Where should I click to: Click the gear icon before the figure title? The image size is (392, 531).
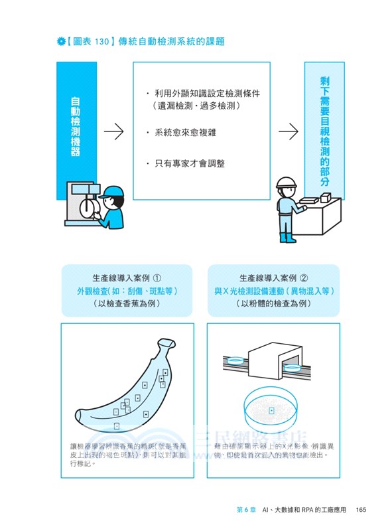[61, 42]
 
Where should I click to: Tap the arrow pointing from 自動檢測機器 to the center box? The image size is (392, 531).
[114, 131]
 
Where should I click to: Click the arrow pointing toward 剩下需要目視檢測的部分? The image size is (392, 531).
[287, 131]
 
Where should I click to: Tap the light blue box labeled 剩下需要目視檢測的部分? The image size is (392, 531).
[324, 126]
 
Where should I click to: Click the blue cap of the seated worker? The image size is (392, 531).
[111, 192]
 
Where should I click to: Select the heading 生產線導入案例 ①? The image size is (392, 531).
[126, 278]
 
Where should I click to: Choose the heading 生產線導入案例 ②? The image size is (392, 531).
[273, 278]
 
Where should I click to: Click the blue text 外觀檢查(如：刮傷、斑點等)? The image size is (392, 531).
[126, 291]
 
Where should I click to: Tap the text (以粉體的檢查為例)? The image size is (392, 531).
[273, 303]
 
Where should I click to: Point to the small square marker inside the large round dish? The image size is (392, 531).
[271, 413]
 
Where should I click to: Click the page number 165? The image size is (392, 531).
[361, 510]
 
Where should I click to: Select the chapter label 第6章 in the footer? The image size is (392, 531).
[242, 510]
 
